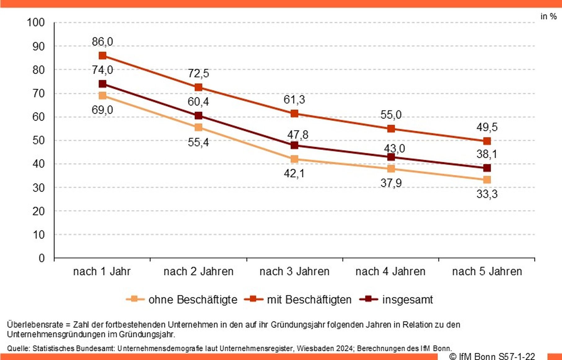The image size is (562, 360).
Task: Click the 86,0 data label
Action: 102,41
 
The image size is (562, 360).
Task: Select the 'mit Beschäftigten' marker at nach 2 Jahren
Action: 199,87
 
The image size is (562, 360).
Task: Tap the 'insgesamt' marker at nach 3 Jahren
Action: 294,145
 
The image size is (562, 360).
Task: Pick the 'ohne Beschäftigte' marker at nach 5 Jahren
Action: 487,180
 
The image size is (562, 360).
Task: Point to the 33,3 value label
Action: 487,194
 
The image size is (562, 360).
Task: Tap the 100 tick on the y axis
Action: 36,22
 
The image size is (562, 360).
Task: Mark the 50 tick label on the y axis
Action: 38,140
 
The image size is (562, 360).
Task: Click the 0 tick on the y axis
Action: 42,258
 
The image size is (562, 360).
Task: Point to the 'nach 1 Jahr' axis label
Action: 102,271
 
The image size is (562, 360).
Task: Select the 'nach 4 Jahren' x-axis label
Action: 390,271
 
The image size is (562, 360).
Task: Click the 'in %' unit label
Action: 548,16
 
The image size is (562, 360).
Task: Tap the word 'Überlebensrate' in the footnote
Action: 35,325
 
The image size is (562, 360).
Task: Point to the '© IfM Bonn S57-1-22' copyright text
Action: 492,357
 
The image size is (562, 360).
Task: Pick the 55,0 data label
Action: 391,115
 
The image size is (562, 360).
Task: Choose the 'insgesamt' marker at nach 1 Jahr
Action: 102,84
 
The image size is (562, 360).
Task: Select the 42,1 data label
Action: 294,173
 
